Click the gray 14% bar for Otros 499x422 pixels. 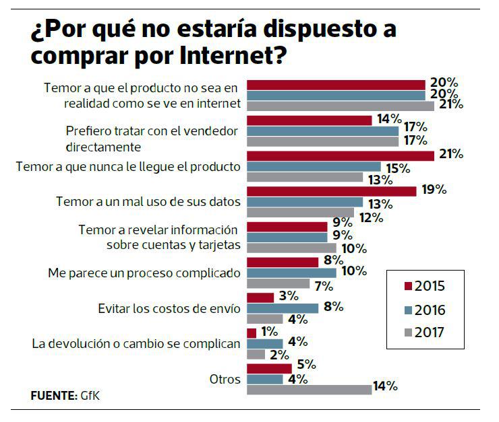click(309, 388)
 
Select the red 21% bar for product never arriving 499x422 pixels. click(341, 156)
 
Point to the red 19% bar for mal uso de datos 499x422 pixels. click(331, 192)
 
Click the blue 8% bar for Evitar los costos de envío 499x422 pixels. click(283, 308)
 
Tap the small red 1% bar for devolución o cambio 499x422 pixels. click(252, 332)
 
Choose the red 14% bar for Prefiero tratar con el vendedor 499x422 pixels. click(310, 120)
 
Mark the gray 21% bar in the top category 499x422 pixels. click(341, 106)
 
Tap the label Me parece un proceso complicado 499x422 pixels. click(144, 273)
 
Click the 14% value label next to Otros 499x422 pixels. click(386, 387)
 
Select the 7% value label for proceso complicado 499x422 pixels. click(323, 285)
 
